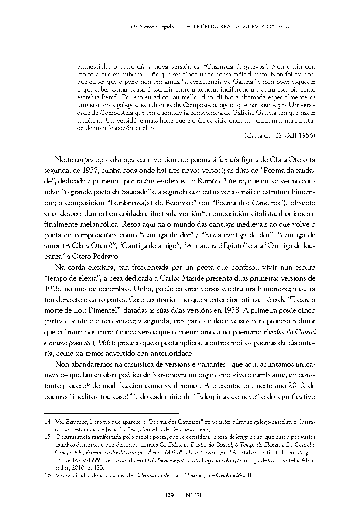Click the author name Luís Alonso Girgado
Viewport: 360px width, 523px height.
point(151,27)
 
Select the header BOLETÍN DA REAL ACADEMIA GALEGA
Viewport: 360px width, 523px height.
point(238,27)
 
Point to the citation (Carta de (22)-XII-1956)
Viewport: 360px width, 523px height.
point(280,135)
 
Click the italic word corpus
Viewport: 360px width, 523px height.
point(84,160)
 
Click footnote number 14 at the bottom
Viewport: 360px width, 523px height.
point(47,421)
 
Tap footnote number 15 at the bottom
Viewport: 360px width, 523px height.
point(47,437)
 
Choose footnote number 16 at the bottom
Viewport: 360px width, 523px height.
point(47,475)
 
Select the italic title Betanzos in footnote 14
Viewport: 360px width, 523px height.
point(76,421)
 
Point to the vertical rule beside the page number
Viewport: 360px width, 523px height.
point(180,495)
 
